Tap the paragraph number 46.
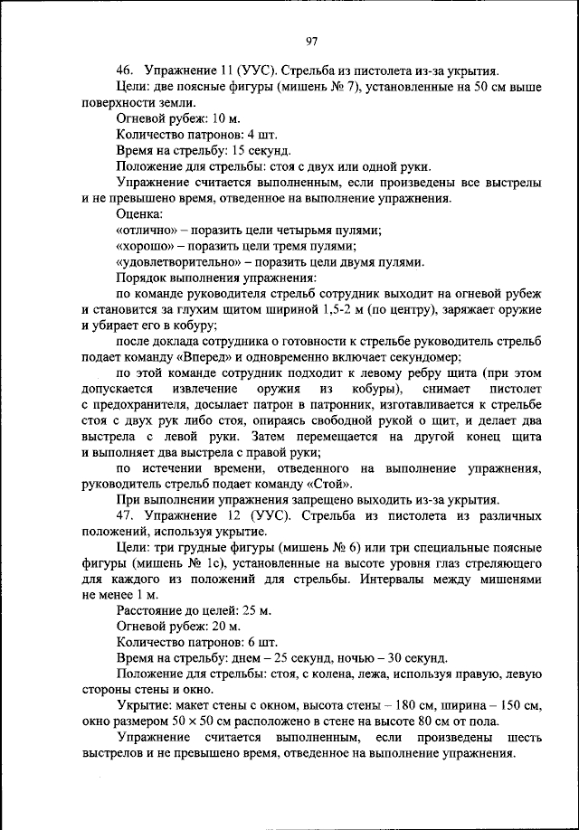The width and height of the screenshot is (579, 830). click(x=125, y=71)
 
